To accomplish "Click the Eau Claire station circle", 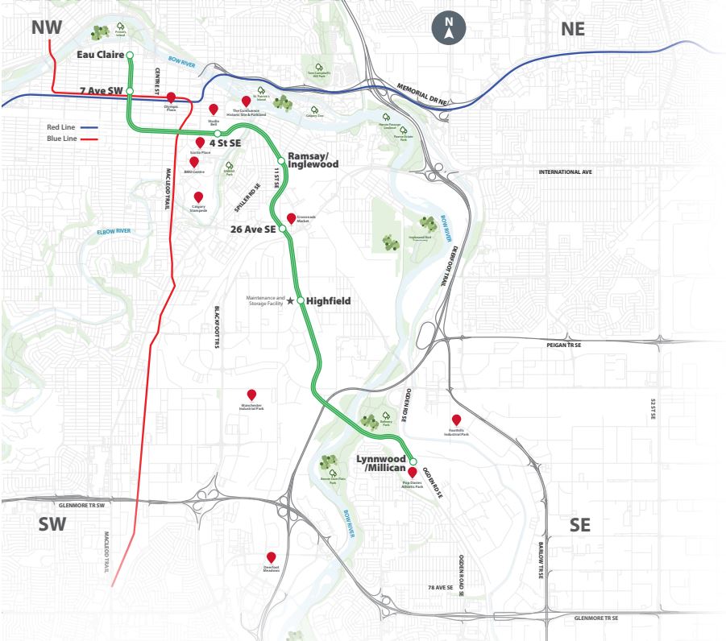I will coord(130,55).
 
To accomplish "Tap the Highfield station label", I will coord(329,300).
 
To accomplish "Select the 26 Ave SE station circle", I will coord(283,229).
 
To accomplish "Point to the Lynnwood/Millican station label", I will coord(381,464).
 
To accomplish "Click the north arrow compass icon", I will coord(449,28).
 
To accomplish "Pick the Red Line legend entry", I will coord(72,127).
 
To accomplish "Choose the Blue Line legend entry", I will coord(72,139).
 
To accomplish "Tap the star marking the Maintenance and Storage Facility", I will coord(290,300).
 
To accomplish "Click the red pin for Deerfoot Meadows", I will coord(272,556).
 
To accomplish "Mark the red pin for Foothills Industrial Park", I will coord(456,420).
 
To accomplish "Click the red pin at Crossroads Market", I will coord(292,218).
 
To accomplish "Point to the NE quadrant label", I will coord(572,29).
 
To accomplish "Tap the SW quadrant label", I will coord(53,525).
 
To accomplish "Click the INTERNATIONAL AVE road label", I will coord(565,172).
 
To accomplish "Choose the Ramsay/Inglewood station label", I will coord(313,159).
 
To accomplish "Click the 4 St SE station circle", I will coord(218,134).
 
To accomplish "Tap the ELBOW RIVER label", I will coord(114,231).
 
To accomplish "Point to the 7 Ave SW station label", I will coord(102,91).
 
